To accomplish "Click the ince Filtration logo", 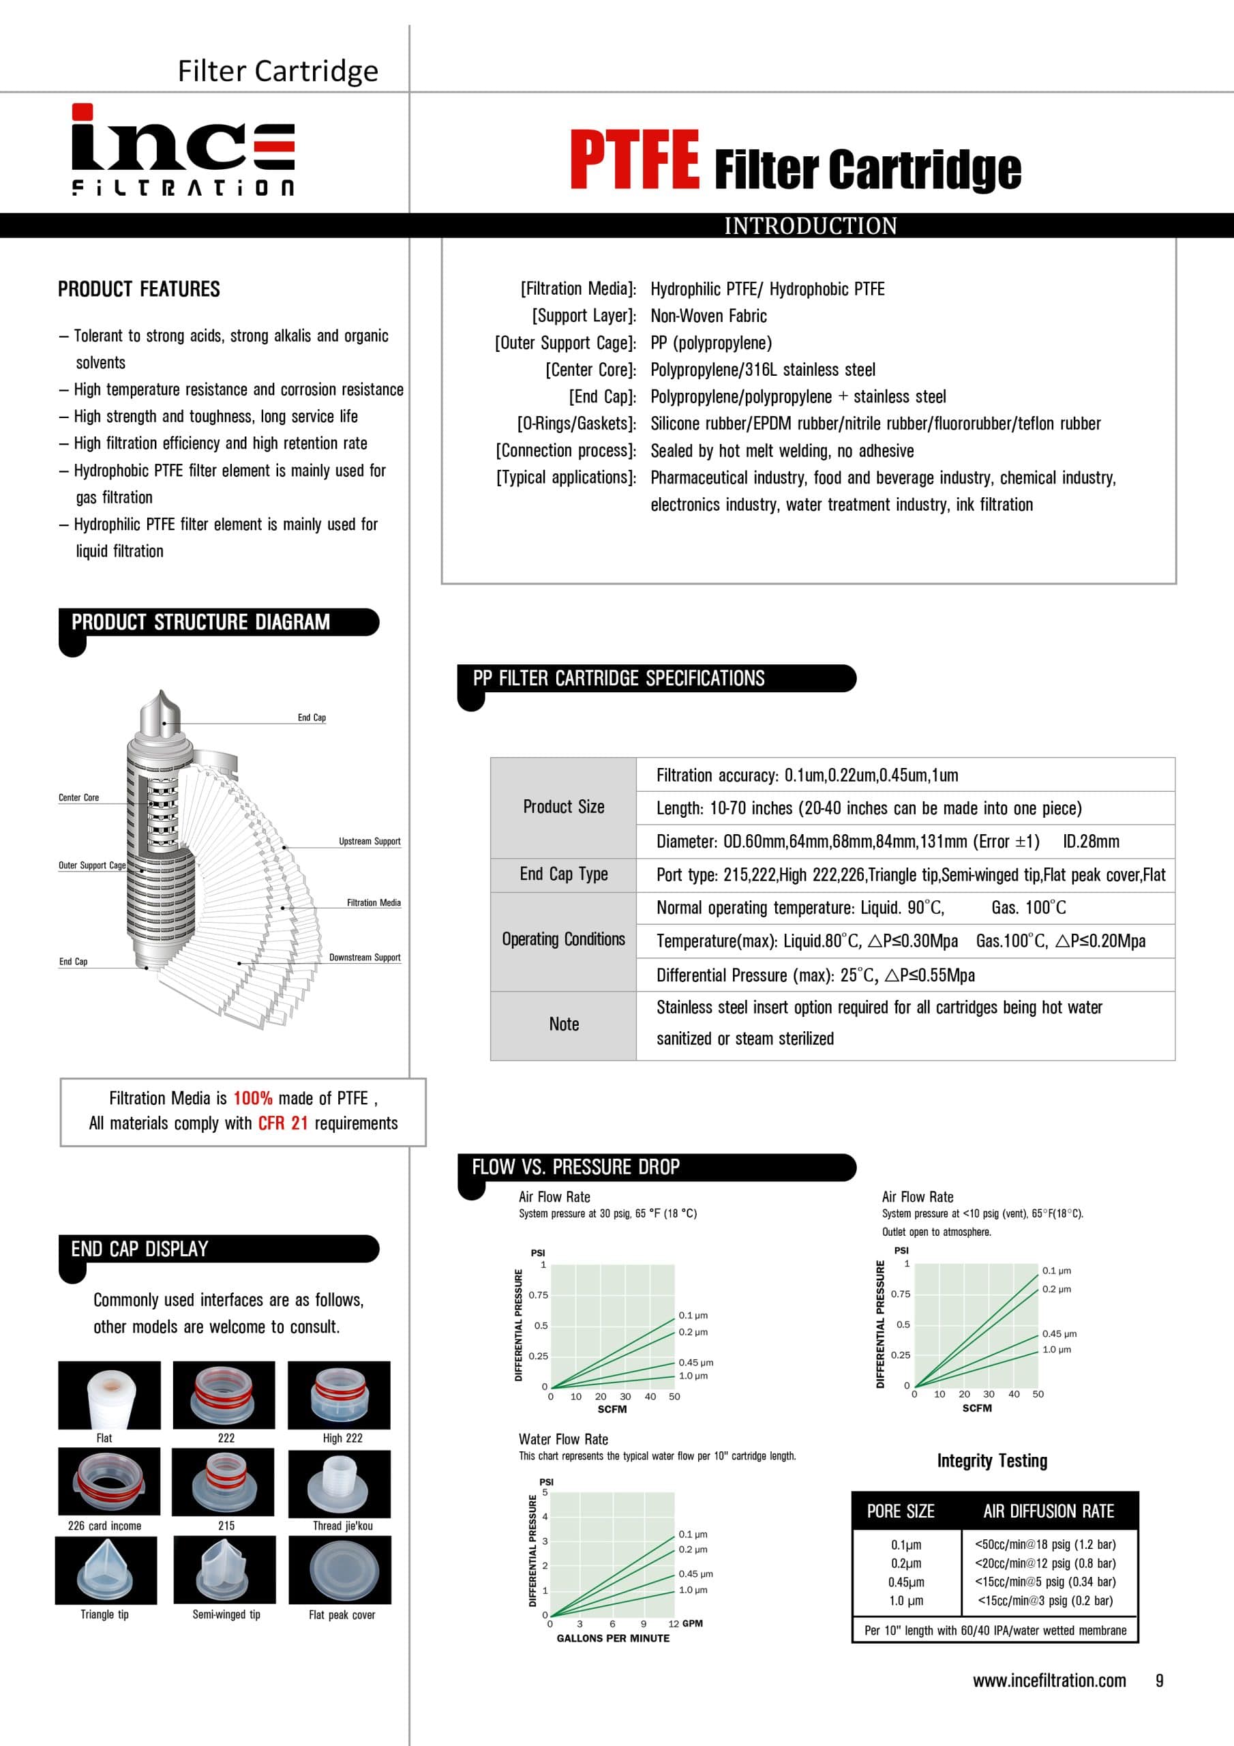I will click(183, 150).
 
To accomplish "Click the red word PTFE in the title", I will click(634, 159).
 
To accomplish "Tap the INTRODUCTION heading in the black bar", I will click(810, 226).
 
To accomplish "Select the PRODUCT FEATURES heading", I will click(139, 290).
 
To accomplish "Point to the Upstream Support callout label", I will click(370, 841).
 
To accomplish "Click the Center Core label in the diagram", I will click(78, 798).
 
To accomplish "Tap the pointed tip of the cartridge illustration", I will click(160, 694).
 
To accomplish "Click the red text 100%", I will click(252, 1098).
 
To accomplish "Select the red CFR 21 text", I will click(283, 1123).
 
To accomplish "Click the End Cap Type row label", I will click(563, 874).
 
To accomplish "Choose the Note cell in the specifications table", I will click(563, 1024).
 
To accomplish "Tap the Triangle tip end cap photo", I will click(106, 1570).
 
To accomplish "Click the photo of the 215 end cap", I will click(224, 1483).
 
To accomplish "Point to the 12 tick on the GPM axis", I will click(673, 1623).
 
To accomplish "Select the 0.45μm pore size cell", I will click(905, 1582).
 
